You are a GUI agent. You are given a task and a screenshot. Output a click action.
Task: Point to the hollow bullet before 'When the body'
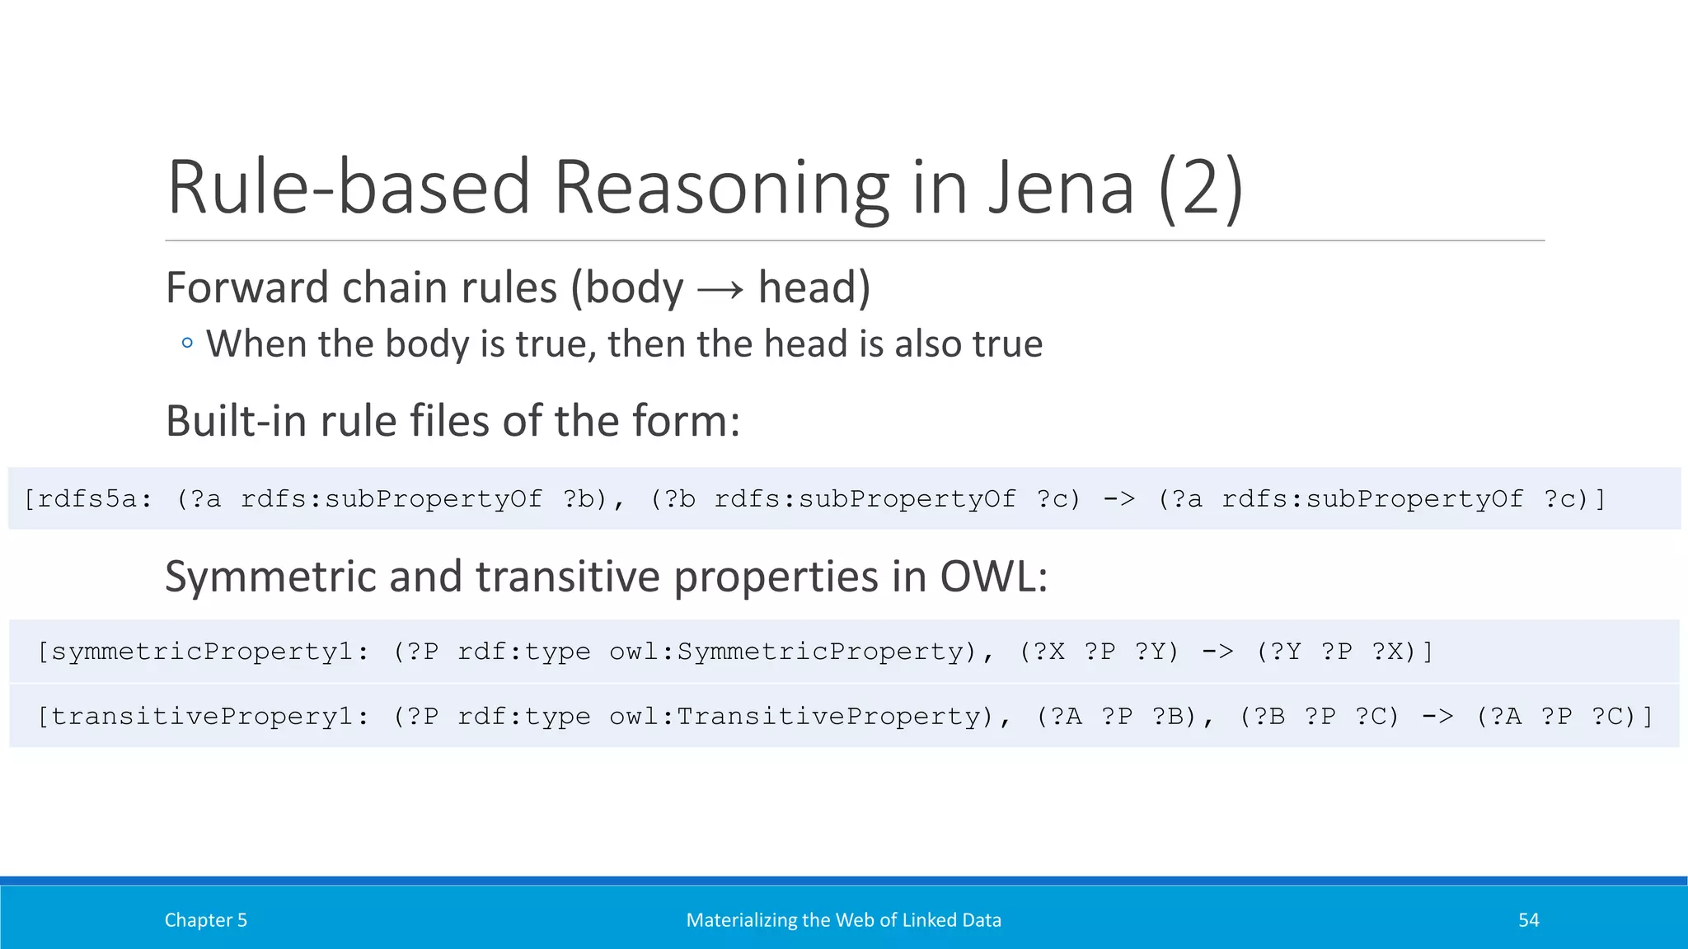pyautogui.click(x=187, y=344)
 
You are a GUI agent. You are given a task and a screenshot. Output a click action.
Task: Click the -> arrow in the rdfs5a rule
pyautogui.click(x=1118, y=499)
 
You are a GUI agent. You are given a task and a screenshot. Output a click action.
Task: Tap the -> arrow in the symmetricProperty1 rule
pyautogui.click(x=1217, y=652)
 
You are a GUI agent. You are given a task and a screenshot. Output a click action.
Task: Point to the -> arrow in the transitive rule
pyautogui.click(x=1437, y=717)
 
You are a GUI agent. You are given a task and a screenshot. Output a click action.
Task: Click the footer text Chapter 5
pyautogui.click(x=206, y=920)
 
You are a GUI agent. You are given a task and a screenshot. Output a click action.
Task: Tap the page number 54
pyautogui.click(x=1529, y=920)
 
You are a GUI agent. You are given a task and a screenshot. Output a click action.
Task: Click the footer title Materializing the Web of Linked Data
pyautogui.click(x=843, y=920)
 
